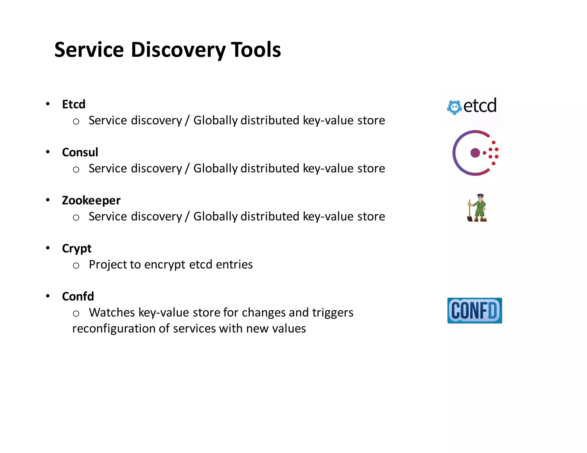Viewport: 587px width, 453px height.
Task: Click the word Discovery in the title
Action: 178,50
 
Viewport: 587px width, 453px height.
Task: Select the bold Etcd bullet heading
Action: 74,104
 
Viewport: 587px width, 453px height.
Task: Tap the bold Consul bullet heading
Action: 80,152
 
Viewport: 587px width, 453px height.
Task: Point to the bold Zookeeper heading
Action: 91,200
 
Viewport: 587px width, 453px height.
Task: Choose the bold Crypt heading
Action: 77,249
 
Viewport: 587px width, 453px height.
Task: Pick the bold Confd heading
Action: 78,296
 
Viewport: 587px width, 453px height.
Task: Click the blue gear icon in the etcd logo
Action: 454,107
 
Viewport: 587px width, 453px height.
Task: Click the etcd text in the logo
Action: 480,105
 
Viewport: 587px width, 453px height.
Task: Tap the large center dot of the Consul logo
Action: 475,153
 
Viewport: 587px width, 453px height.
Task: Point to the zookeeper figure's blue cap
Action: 480,196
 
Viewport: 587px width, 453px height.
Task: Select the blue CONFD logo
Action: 474,310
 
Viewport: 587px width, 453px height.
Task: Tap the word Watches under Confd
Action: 112,312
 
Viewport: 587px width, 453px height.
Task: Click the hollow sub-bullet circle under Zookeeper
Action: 76,218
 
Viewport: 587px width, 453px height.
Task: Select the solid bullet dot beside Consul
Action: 48,152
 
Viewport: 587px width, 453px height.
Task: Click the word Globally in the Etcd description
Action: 215,120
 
